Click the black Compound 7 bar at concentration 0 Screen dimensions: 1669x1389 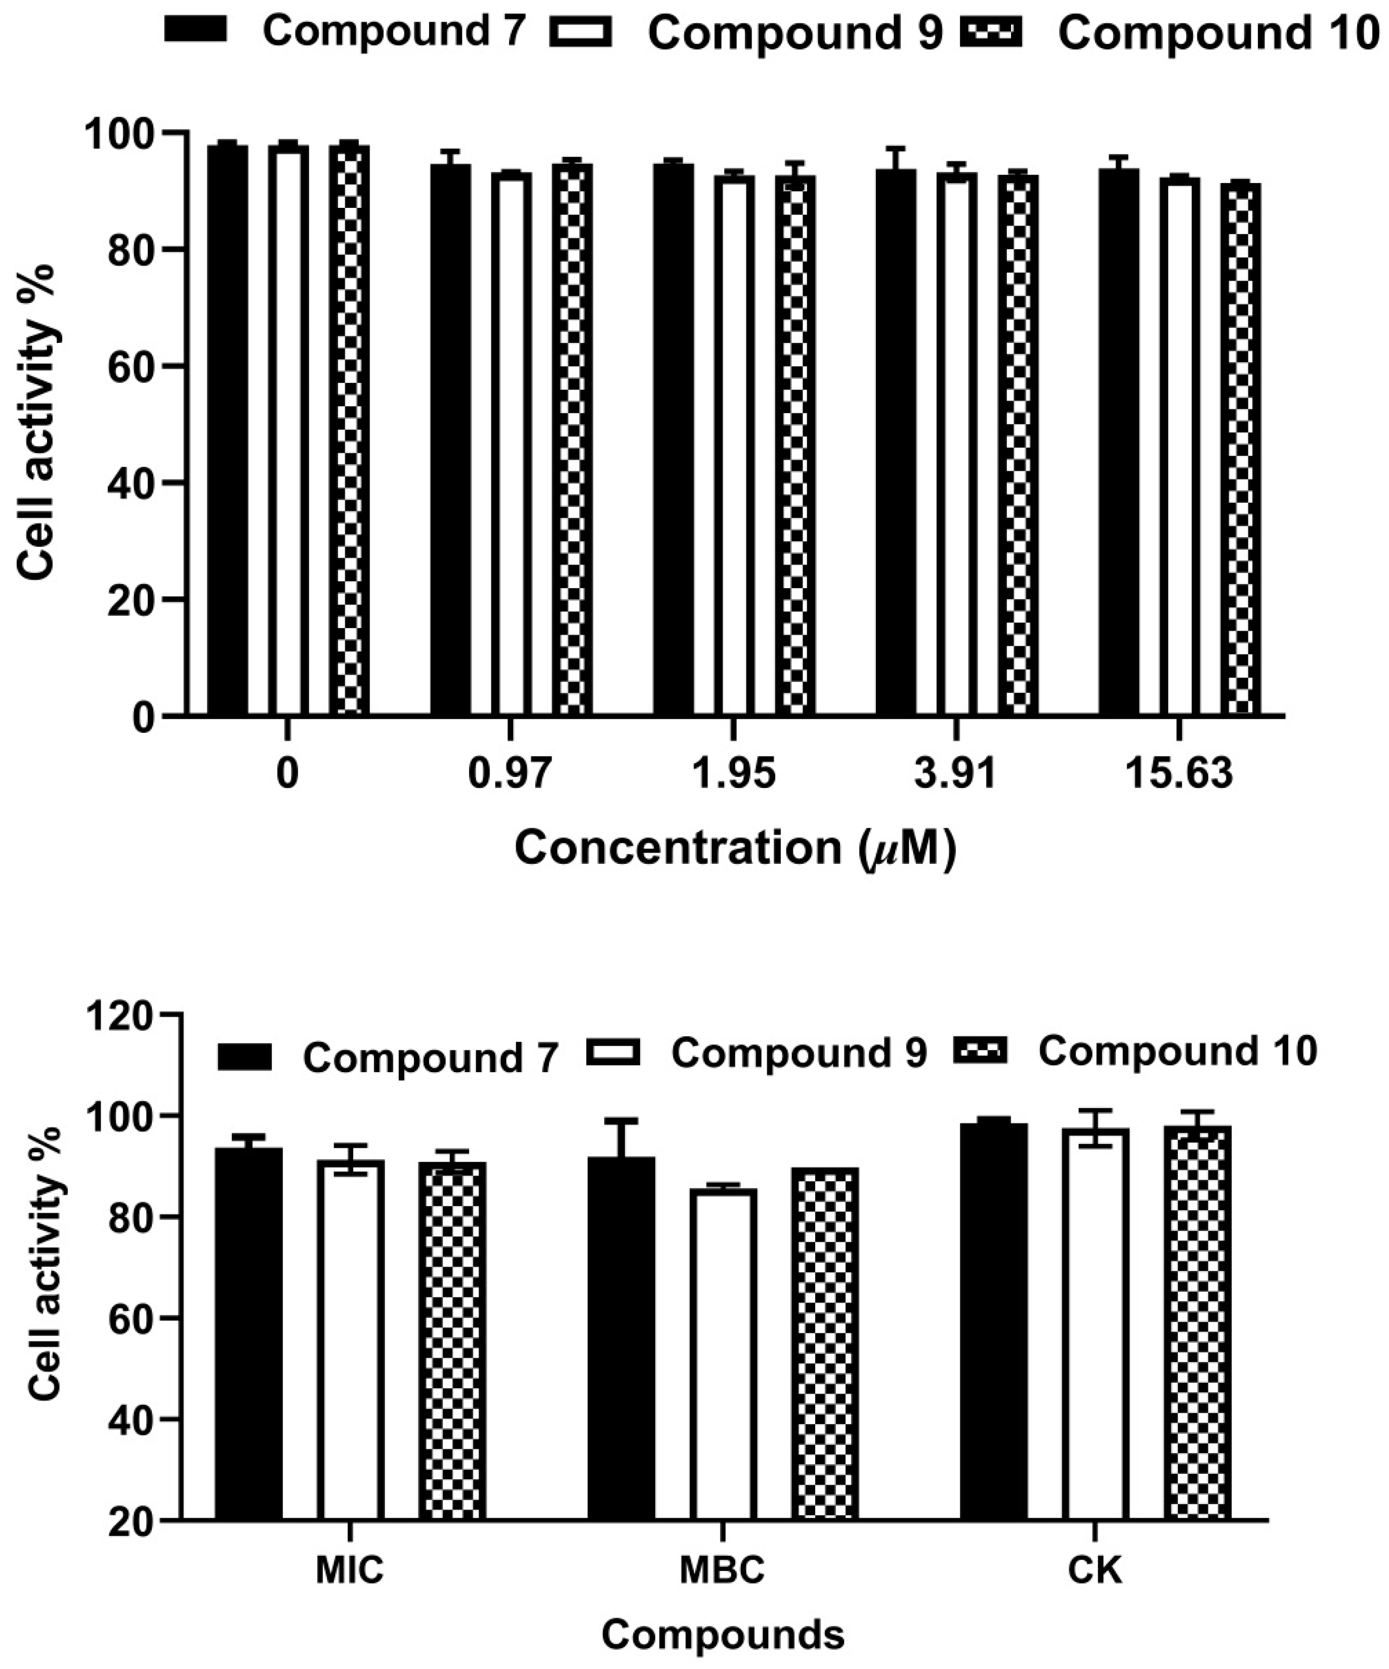(x=227, y=429)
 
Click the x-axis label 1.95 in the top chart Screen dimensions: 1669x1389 (x=733, y=773)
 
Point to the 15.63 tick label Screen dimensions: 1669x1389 (x=1178, y=773)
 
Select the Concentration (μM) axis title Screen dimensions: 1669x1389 (x=735, y=848)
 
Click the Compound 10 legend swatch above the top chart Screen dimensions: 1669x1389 (x=991, y=32)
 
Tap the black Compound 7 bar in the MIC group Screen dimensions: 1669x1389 (x=249, y=1335)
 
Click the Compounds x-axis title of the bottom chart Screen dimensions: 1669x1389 (x=722, y=1634)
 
